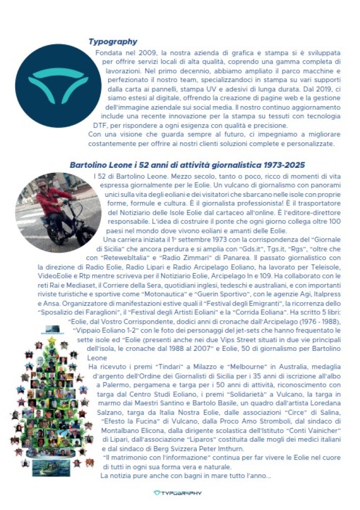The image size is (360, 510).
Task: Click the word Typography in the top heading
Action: [113, 42]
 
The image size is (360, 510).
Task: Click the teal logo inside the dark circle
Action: [51, 80]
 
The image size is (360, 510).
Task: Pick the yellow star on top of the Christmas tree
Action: [52, 339]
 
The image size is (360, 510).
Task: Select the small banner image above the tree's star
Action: [52, 328]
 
